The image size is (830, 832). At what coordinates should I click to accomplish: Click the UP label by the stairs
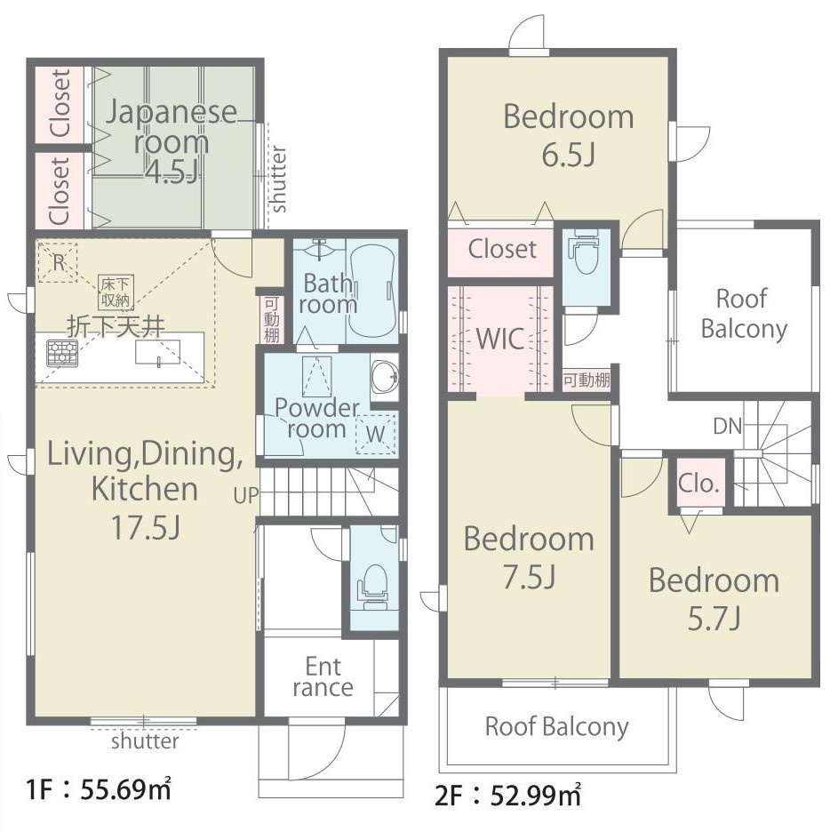246,495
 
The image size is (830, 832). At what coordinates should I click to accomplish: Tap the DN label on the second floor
728,426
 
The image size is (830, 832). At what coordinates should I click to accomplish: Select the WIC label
500,339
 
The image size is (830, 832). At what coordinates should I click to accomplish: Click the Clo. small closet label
698,484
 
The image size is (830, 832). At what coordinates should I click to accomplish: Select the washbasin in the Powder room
385,377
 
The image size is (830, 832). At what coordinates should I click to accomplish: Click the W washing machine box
376,434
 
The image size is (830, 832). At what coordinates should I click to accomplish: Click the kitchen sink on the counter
157,352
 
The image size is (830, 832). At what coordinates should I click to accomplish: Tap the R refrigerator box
59,262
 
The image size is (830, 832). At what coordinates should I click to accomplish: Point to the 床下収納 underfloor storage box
116,292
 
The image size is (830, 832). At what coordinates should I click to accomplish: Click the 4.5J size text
172,172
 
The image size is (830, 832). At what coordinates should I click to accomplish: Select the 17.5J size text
146,526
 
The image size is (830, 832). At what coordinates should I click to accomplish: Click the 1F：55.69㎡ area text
99,790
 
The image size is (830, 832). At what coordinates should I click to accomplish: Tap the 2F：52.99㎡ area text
507,795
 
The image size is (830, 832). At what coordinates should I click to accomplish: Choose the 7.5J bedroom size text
529,576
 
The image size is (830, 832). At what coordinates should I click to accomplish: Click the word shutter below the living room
145,741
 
